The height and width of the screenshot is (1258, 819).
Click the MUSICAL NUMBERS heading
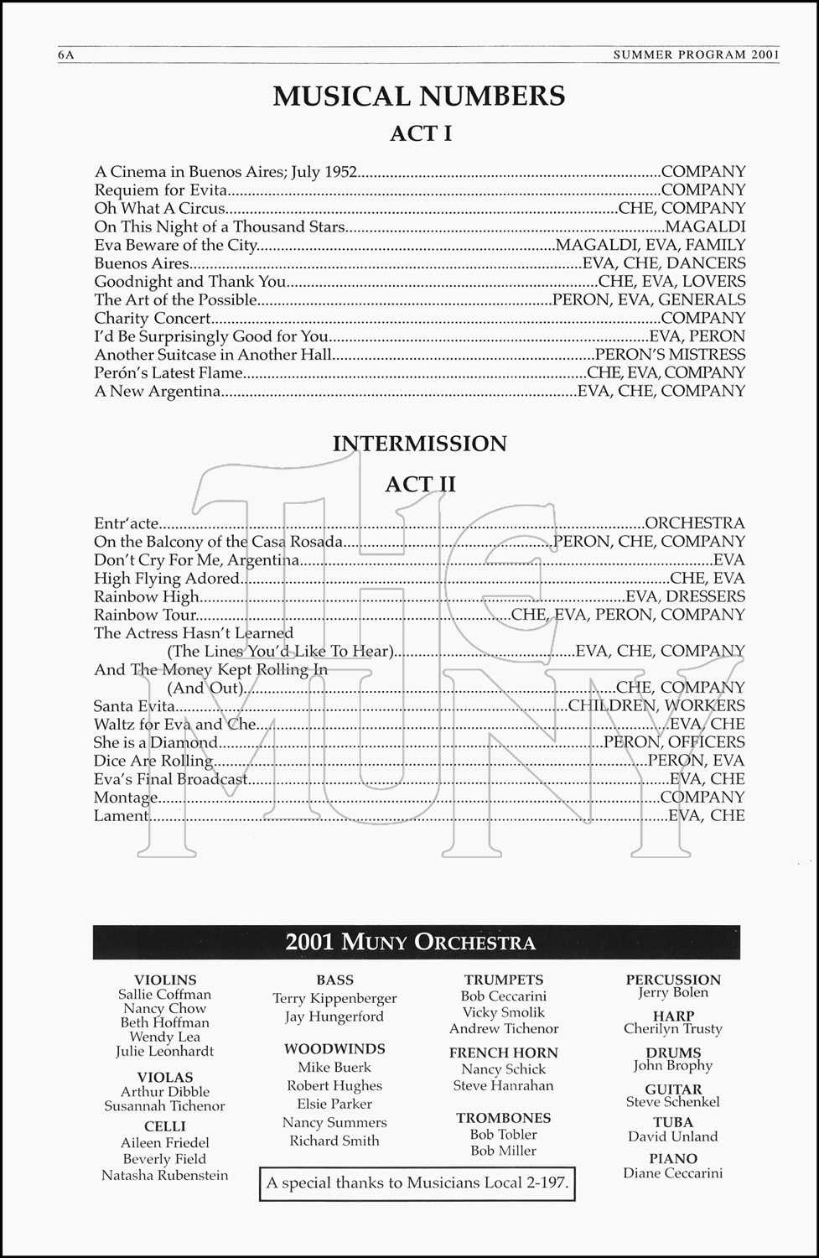point(419,96)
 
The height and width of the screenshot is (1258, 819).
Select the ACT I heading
point(421,133)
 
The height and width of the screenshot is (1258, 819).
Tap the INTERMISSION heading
point(420,443)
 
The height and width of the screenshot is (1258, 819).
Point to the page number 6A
point(66,55)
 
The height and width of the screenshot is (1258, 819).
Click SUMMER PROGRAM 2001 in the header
point(696,55)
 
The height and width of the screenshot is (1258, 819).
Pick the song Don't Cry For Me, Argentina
point(196,560)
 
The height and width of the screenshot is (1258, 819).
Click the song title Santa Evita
point(134,706)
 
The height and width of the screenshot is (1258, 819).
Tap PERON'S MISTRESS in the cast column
point(670,355)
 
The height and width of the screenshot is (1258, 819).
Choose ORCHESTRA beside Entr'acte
point(695,523)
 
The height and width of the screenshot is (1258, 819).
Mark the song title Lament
point(122,816)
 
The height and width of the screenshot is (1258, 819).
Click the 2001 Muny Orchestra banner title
point(410,942)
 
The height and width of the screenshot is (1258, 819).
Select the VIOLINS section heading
point(165,980)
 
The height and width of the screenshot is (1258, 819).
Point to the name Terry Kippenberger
point(334,998)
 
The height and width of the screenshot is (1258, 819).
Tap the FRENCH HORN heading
point(503,1053)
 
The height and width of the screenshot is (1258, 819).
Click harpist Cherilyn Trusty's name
point(672,1029)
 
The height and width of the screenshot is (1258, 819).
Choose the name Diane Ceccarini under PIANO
point(672,1173)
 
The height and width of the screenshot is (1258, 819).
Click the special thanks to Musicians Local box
point(417,1183)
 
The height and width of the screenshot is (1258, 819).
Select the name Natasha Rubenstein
point(164,1175)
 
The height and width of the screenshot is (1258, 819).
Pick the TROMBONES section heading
point(503,1118)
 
